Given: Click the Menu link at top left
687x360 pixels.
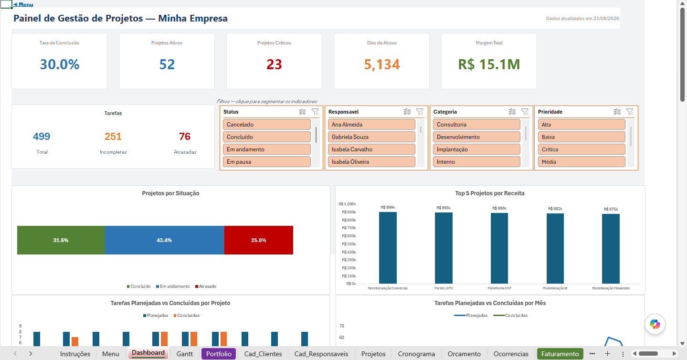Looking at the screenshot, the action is point(23,4).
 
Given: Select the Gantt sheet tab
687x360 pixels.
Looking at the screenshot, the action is point(185,354).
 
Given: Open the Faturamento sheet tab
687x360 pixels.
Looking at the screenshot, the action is point(560,354).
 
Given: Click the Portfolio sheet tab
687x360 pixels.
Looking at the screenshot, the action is point(219,354).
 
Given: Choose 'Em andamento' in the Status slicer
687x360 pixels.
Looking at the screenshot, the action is point(267,149).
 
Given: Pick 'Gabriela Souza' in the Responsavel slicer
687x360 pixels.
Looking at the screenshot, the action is point(371,137).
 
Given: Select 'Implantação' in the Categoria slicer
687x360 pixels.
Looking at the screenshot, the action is point(476,149).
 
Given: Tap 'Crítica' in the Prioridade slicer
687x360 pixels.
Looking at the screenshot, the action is point(581,149).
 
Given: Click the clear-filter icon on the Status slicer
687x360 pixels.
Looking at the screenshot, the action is point(315,112).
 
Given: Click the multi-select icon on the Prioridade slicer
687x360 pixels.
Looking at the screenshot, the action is point(617,112).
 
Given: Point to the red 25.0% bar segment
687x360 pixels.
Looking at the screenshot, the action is point(259,240).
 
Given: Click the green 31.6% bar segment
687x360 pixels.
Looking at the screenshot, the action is point(61,240).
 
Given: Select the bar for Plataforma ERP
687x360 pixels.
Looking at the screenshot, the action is point(499,248).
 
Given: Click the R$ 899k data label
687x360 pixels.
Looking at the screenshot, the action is point(388,207).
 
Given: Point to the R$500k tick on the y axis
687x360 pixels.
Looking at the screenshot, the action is point(349,244).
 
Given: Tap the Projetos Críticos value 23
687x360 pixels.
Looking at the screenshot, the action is point(274,64).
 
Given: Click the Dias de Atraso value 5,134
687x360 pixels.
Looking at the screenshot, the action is point(382,64).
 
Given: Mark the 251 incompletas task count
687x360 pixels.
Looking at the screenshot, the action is point(113,137).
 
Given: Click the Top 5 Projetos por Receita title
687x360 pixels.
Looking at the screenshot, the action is point(490,193).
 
